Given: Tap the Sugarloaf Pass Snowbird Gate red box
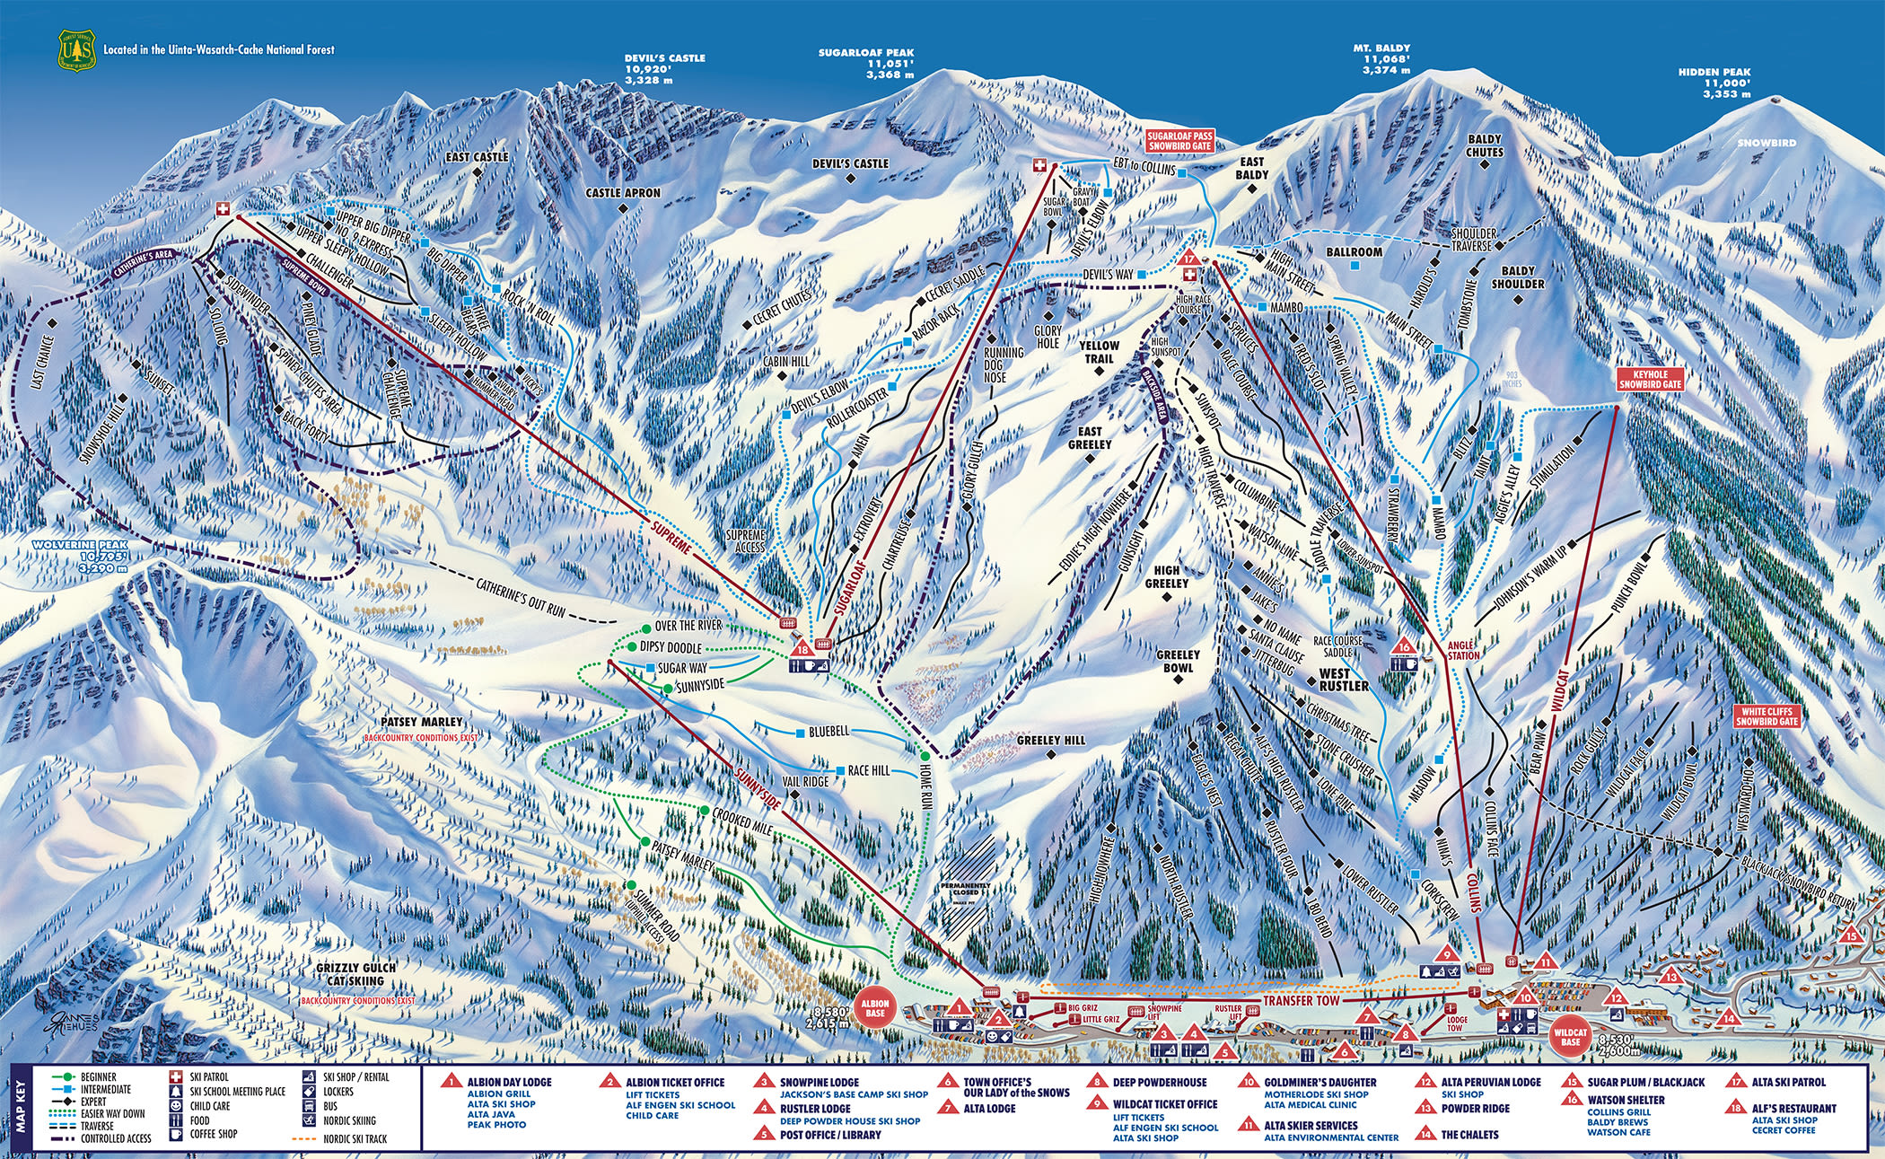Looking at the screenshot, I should point(1179,140).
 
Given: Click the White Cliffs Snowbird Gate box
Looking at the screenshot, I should point(1767,716).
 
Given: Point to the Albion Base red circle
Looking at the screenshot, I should point(874,1008).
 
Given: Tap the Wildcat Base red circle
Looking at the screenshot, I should point(1570,1037).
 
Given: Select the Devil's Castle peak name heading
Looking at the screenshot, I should point(664,58).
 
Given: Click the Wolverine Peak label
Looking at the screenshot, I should point(81,545).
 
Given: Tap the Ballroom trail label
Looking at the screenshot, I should point(1355,252).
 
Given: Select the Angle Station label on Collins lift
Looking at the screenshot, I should point(1462,650).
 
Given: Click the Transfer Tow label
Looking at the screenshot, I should point(1301,1000).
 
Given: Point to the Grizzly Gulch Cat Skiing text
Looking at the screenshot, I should point(357,975).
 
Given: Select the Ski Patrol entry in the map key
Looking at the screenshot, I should point(209,1076).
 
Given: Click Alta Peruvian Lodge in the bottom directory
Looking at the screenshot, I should point(1490,1082).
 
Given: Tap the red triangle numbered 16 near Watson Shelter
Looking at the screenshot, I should point(1403,646).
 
